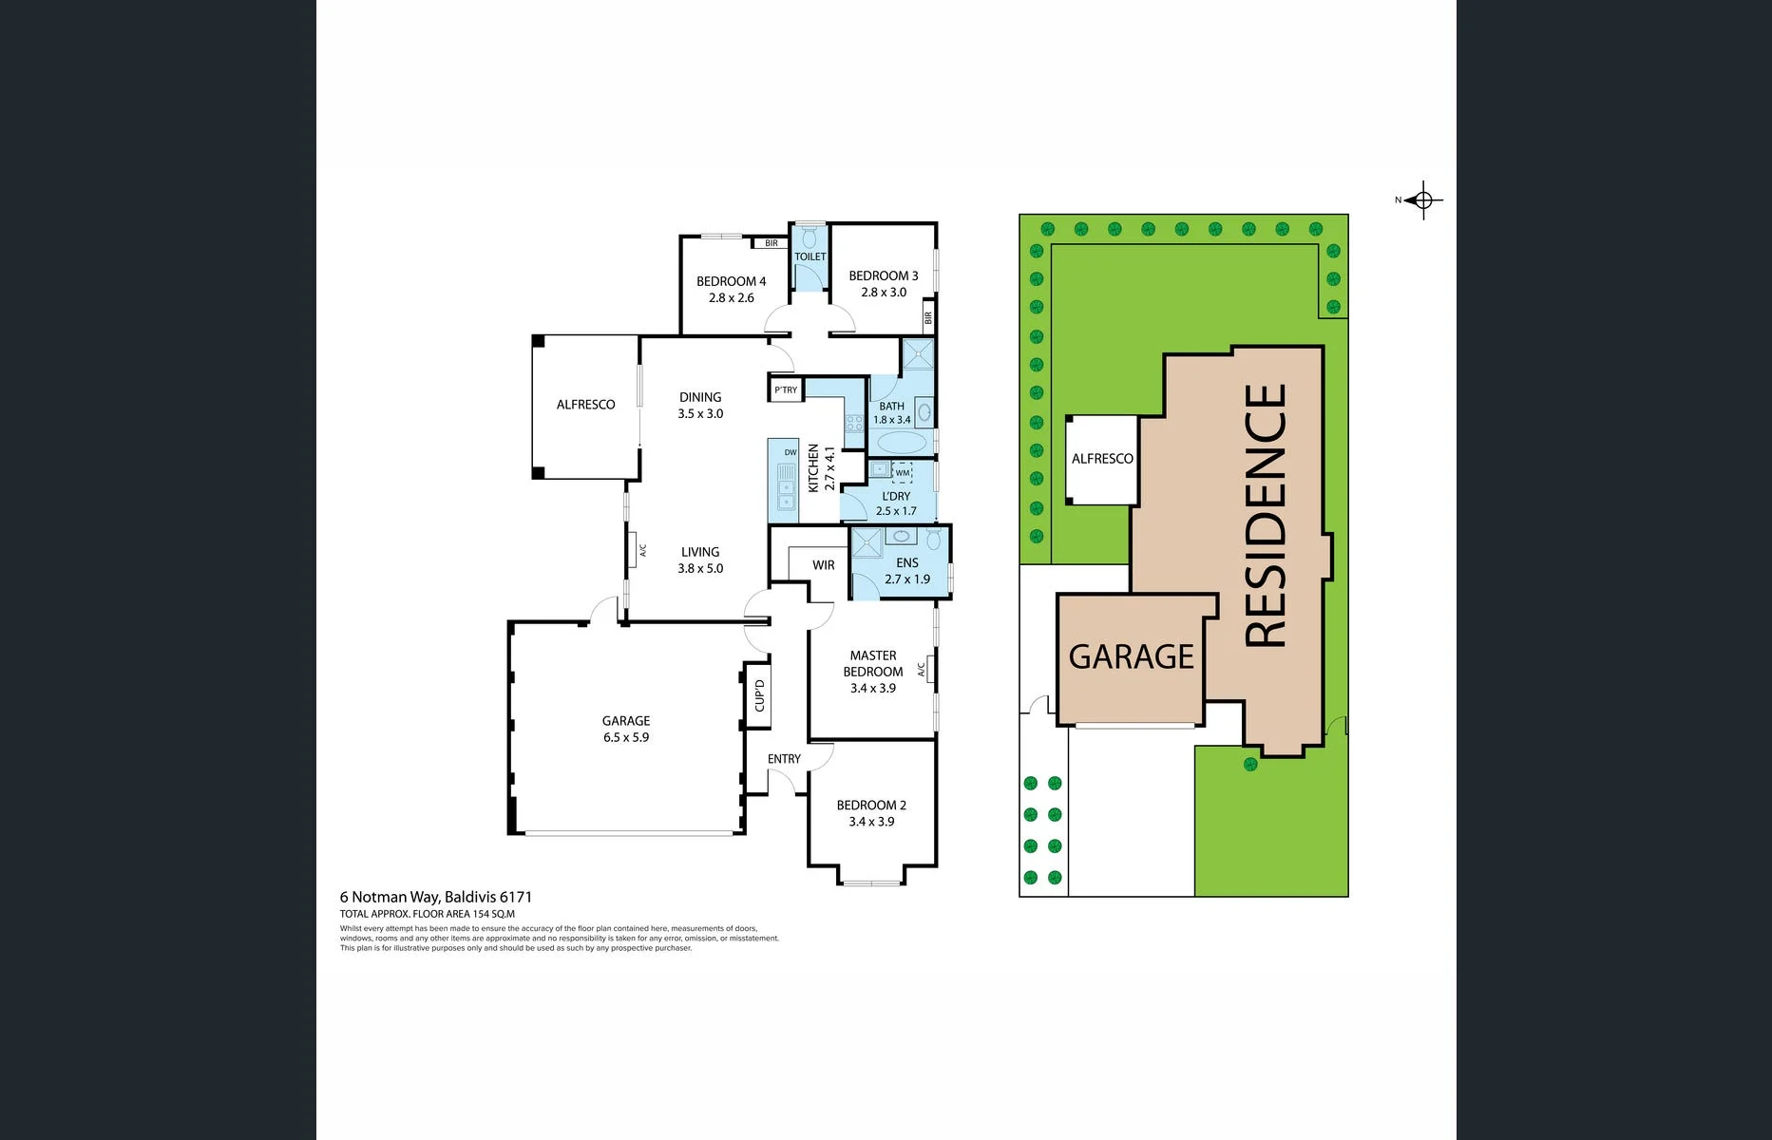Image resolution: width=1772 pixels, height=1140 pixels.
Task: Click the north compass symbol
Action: pyautogui.click(x=1422, y=200)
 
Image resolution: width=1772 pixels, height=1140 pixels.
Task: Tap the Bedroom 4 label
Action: pyautogui.click(x=731, y=281)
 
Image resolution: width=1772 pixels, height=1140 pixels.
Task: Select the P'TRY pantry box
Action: pyautogui.click(x=786, y=389)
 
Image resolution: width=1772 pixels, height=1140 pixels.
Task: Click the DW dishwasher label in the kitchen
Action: pyautogui.click(x=791, y=452)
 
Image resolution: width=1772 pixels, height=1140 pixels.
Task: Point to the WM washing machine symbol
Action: pyautogui.click(x=902, y=472)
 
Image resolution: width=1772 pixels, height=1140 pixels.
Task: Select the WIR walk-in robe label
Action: pyautogui.click(x=824, y=565)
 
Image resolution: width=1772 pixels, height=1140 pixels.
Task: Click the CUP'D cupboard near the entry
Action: pyautogui.click(x=758, y=695)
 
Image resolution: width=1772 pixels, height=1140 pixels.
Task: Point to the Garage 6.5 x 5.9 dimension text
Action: pyautogui.click(x=626, y=737)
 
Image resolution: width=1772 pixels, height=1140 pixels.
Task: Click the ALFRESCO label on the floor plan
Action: pyautogui.click(x=585, y=405)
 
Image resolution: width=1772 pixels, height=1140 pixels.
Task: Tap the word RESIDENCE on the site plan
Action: pyautogui.click(x=1266, y=516)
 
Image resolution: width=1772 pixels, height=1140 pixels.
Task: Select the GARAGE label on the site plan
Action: pyautogui.click(x=1131, y=656)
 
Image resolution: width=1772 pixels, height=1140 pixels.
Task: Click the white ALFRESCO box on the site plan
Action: pyautogui.click(x=1102, y=460)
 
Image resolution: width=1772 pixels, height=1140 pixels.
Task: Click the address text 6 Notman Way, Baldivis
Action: pyautogui.click(x=436, y=897)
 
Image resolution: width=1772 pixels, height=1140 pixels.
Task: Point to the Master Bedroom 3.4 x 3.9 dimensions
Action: pyautogui.click(x=873, y=688)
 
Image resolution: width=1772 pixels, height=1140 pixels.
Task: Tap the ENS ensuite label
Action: pyautogui.click(x=907, y=562)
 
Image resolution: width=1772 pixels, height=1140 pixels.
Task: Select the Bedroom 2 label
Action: pyautogui.click(x=871, y=805)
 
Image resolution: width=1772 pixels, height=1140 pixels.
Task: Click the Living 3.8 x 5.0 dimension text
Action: pyautogui.click(x=700, y=568)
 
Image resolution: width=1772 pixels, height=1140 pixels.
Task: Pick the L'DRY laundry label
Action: pyautogui.click(x=896, y=496)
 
